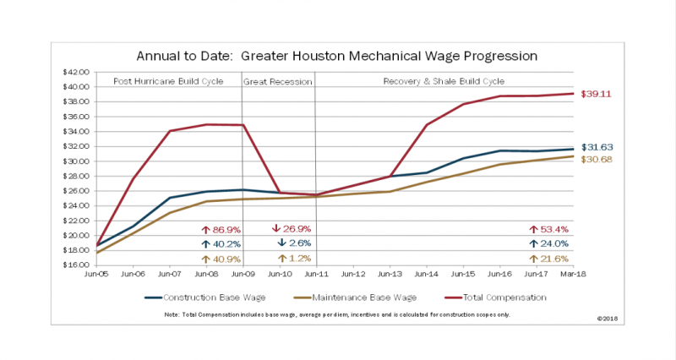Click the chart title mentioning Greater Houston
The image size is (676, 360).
click(336, 57)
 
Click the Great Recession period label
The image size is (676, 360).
click(278, 82)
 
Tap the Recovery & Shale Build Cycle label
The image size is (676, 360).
click(444, 82)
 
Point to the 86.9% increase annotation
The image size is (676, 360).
click(215, 229)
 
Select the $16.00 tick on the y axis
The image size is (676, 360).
click(77, 265)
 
